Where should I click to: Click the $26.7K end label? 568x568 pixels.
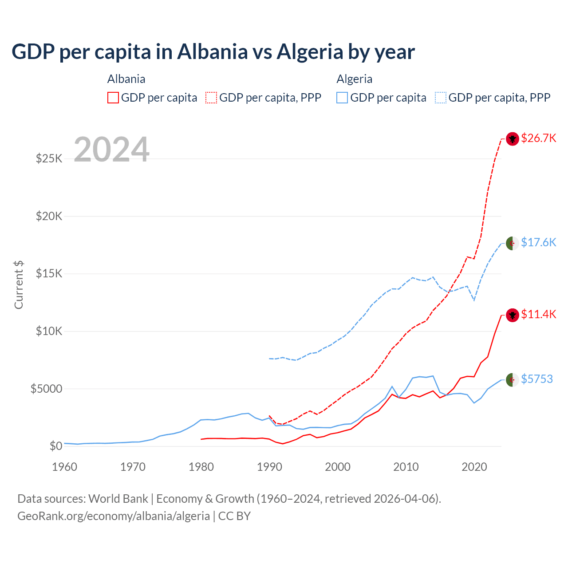point(538,138)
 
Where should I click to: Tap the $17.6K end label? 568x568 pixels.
point(538,242)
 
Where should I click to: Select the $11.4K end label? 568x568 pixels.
point(538,314)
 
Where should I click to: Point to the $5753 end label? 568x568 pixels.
point(537,379)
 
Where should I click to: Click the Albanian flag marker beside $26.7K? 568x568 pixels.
point(513,139)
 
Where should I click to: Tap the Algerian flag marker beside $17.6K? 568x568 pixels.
point(513,243)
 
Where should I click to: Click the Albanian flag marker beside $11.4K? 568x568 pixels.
point(513,315)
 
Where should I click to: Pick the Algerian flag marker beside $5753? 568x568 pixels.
point(513,380)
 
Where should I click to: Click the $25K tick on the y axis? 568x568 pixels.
point(49,158)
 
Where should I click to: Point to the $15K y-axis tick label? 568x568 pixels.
point(49,273)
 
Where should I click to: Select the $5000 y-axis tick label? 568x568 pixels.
point(46,389)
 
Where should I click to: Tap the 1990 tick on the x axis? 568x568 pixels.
point(269,467)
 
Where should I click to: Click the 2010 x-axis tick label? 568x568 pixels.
point(406,467)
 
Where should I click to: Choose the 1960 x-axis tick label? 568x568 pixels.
point(65,467)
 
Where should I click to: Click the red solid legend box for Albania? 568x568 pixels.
point(113,98)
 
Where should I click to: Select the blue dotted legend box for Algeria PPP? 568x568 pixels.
point(441,98)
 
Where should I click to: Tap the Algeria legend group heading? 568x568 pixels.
point(354,79)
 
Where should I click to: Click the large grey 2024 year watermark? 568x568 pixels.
point(112,150)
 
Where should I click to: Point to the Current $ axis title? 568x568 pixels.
point(19,285)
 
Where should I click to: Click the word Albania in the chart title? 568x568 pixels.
point(213,51)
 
